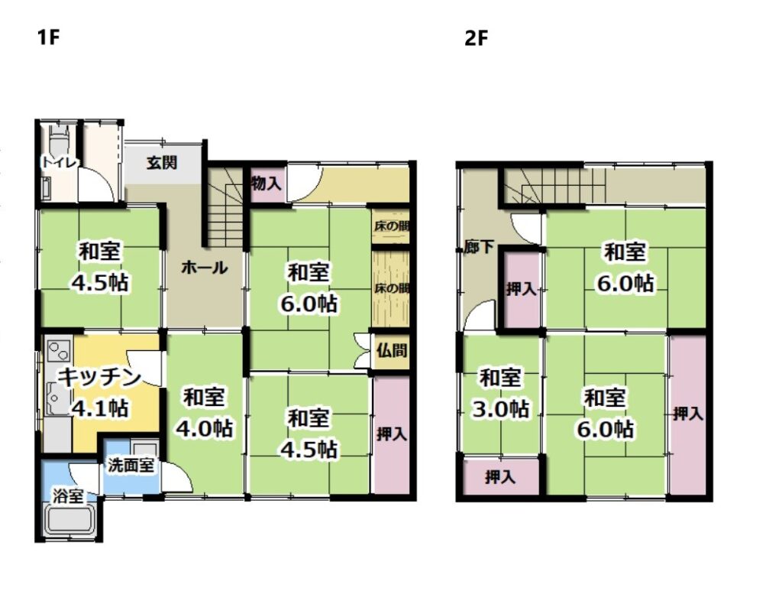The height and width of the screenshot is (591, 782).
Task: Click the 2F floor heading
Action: [476, 38]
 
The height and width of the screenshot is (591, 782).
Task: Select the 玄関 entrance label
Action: [162, 162]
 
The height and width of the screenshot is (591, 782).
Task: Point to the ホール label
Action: [205, 268]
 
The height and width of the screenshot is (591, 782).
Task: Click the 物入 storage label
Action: [267, 183]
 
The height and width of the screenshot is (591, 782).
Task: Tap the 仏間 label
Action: [392, 350]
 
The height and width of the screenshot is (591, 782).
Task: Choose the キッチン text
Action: [100, 377]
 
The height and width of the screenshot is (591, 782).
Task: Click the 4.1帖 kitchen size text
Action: [100, 408]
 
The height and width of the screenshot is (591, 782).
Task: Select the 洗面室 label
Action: [131, 465]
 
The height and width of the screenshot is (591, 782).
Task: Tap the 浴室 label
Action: [68, 497]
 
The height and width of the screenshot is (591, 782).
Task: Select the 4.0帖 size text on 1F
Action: [205, 428]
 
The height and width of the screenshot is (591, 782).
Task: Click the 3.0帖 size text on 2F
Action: [501, 409]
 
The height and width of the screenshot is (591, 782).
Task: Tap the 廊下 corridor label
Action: [479, 247]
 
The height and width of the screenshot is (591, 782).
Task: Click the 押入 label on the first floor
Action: [392, 434]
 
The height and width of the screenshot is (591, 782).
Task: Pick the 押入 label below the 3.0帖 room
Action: [499, 478]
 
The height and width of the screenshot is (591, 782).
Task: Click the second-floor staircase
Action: [554, 187]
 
